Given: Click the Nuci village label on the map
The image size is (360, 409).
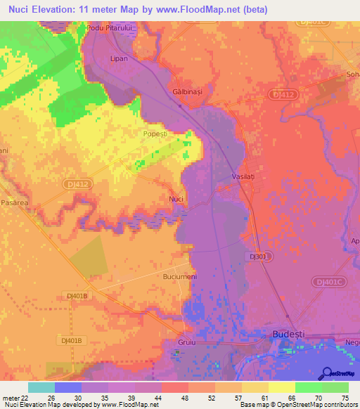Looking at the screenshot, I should tap(176, 200).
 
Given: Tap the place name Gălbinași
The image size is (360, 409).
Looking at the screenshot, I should tap(186, 92).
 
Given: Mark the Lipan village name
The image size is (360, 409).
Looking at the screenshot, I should tap(120, 59).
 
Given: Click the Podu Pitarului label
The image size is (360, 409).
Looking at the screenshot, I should tap(110, 27).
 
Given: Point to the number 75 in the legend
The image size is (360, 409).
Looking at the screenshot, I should tap(344, 398).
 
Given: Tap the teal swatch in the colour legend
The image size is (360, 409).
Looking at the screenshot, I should tap(41, 387).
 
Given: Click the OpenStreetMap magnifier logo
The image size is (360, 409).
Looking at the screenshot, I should tap(327, 373).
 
